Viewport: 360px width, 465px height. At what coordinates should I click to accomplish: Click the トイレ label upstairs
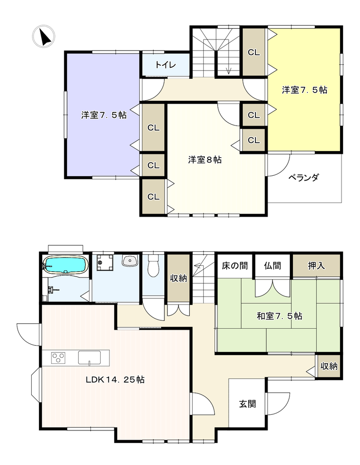tap(165, 65)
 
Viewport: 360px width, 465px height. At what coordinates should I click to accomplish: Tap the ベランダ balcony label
tap(304, 177)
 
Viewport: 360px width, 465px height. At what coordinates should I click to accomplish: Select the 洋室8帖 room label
tap(205, 159)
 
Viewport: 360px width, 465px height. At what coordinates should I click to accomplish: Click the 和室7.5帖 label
tap(279, 316)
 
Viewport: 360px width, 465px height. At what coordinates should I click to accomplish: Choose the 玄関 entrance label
tap(247, 404)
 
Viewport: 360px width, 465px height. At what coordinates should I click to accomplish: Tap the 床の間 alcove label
tap(235, 266)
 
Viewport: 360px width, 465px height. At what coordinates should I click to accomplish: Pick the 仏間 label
tap(272, 266)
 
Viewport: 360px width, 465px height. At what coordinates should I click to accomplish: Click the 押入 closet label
tap(316, 266)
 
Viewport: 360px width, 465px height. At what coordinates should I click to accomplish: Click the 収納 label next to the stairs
tap(179, 278)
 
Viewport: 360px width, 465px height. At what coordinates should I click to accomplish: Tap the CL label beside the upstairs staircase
tap(254, 52)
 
